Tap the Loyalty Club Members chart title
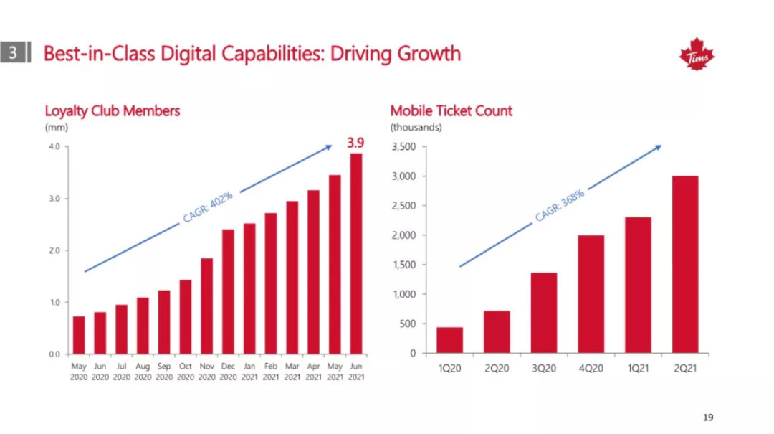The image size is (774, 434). [112, 110]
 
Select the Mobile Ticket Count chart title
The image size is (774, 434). [451, 110]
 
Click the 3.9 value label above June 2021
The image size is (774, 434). [355, 143]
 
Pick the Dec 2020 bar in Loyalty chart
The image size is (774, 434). [228, 291]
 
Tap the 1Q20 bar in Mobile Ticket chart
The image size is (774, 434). [449, 340]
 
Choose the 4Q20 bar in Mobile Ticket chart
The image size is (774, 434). [591, 294]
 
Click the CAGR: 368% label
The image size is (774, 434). [560, 205]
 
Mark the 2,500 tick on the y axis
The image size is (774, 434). [404, 206]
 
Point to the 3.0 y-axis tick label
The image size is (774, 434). [53, 199]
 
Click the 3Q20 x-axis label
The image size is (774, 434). [543, 368]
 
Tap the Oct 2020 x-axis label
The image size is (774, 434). [186, 372]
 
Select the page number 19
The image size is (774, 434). [708, 418]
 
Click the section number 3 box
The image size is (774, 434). [13, 53]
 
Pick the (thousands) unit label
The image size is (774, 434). [416, 128]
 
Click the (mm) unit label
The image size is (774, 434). [56, 128]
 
